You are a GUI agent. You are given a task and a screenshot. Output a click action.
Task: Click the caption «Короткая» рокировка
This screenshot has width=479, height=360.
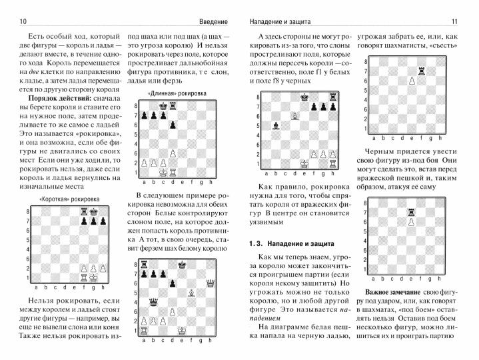pos(66,199)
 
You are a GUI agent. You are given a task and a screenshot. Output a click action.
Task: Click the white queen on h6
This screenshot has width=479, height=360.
pos(211,283)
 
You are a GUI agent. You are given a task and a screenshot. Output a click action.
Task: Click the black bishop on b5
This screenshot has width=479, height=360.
pos(274,125)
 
